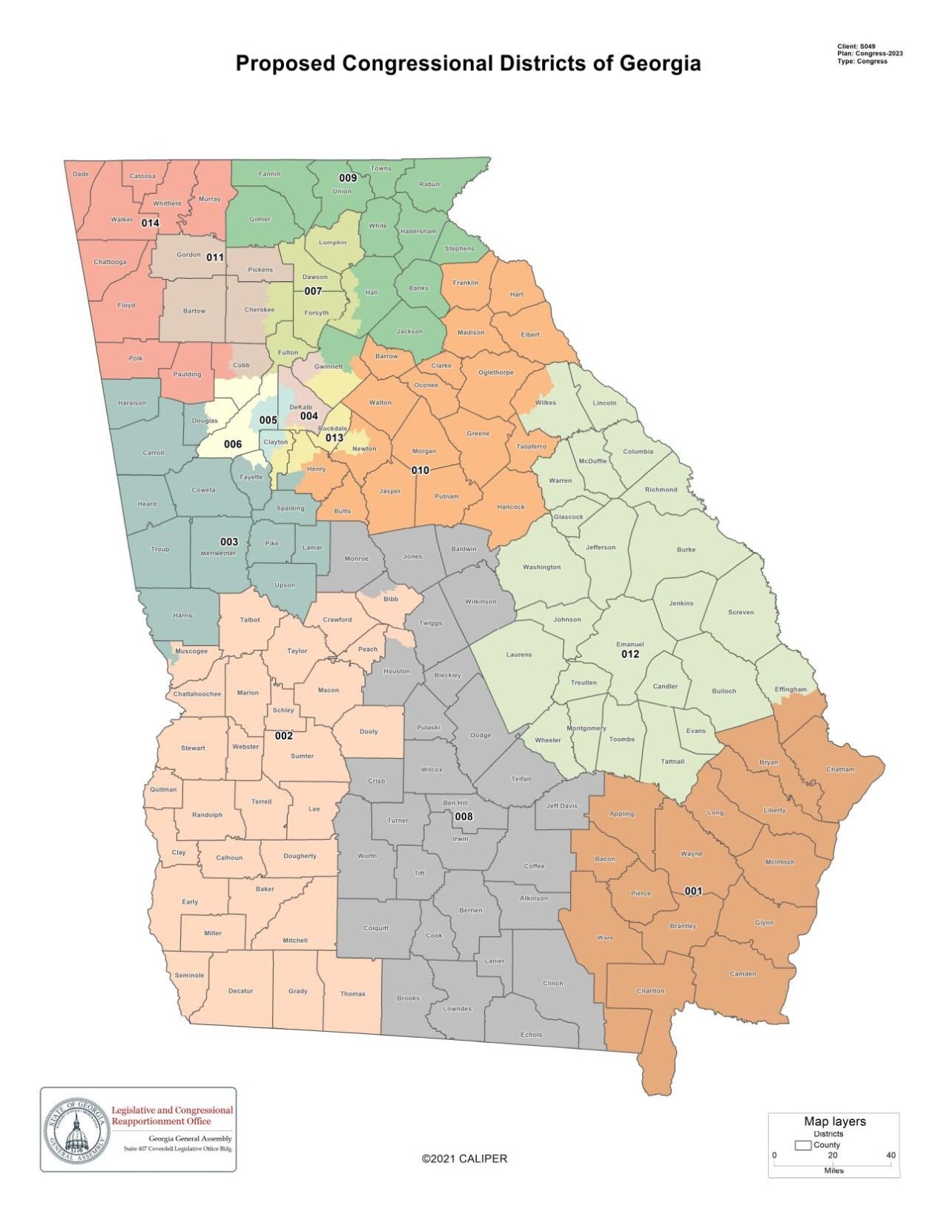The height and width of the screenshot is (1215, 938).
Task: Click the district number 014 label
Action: coord(150,223)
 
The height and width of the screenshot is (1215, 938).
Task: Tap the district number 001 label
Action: coord(693,891)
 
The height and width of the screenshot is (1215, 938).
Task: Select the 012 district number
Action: coord(630,654)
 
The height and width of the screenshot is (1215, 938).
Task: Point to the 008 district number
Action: coord(463,817)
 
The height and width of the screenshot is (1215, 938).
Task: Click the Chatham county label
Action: coord(840,769)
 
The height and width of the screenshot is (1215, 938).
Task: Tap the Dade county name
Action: coord(80,174)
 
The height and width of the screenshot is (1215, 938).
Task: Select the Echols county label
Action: coord(531,1034)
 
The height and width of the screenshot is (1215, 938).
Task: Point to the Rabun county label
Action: coord(429,184)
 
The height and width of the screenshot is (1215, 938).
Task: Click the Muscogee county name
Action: coord(191,651)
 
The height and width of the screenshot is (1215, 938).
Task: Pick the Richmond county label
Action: coord(661,490)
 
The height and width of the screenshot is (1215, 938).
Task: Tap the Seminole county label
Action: coord(189,975)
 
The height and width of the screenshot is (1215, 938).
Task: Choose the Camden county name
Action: coord(743,974)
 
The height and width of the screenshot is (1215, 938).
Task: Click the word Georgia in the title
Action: coord(660,64)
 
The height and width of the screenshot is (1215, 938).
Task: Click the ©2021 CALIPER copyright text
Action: coord(464,1159)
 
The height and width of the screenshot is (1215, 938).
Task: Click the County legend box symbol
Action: coord(802,1145)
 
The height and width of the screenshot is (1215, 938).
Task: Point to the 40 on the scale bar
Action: coord(891,1155)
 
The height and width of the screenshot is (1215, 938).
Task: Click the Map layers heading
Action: coord(834,1122)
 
